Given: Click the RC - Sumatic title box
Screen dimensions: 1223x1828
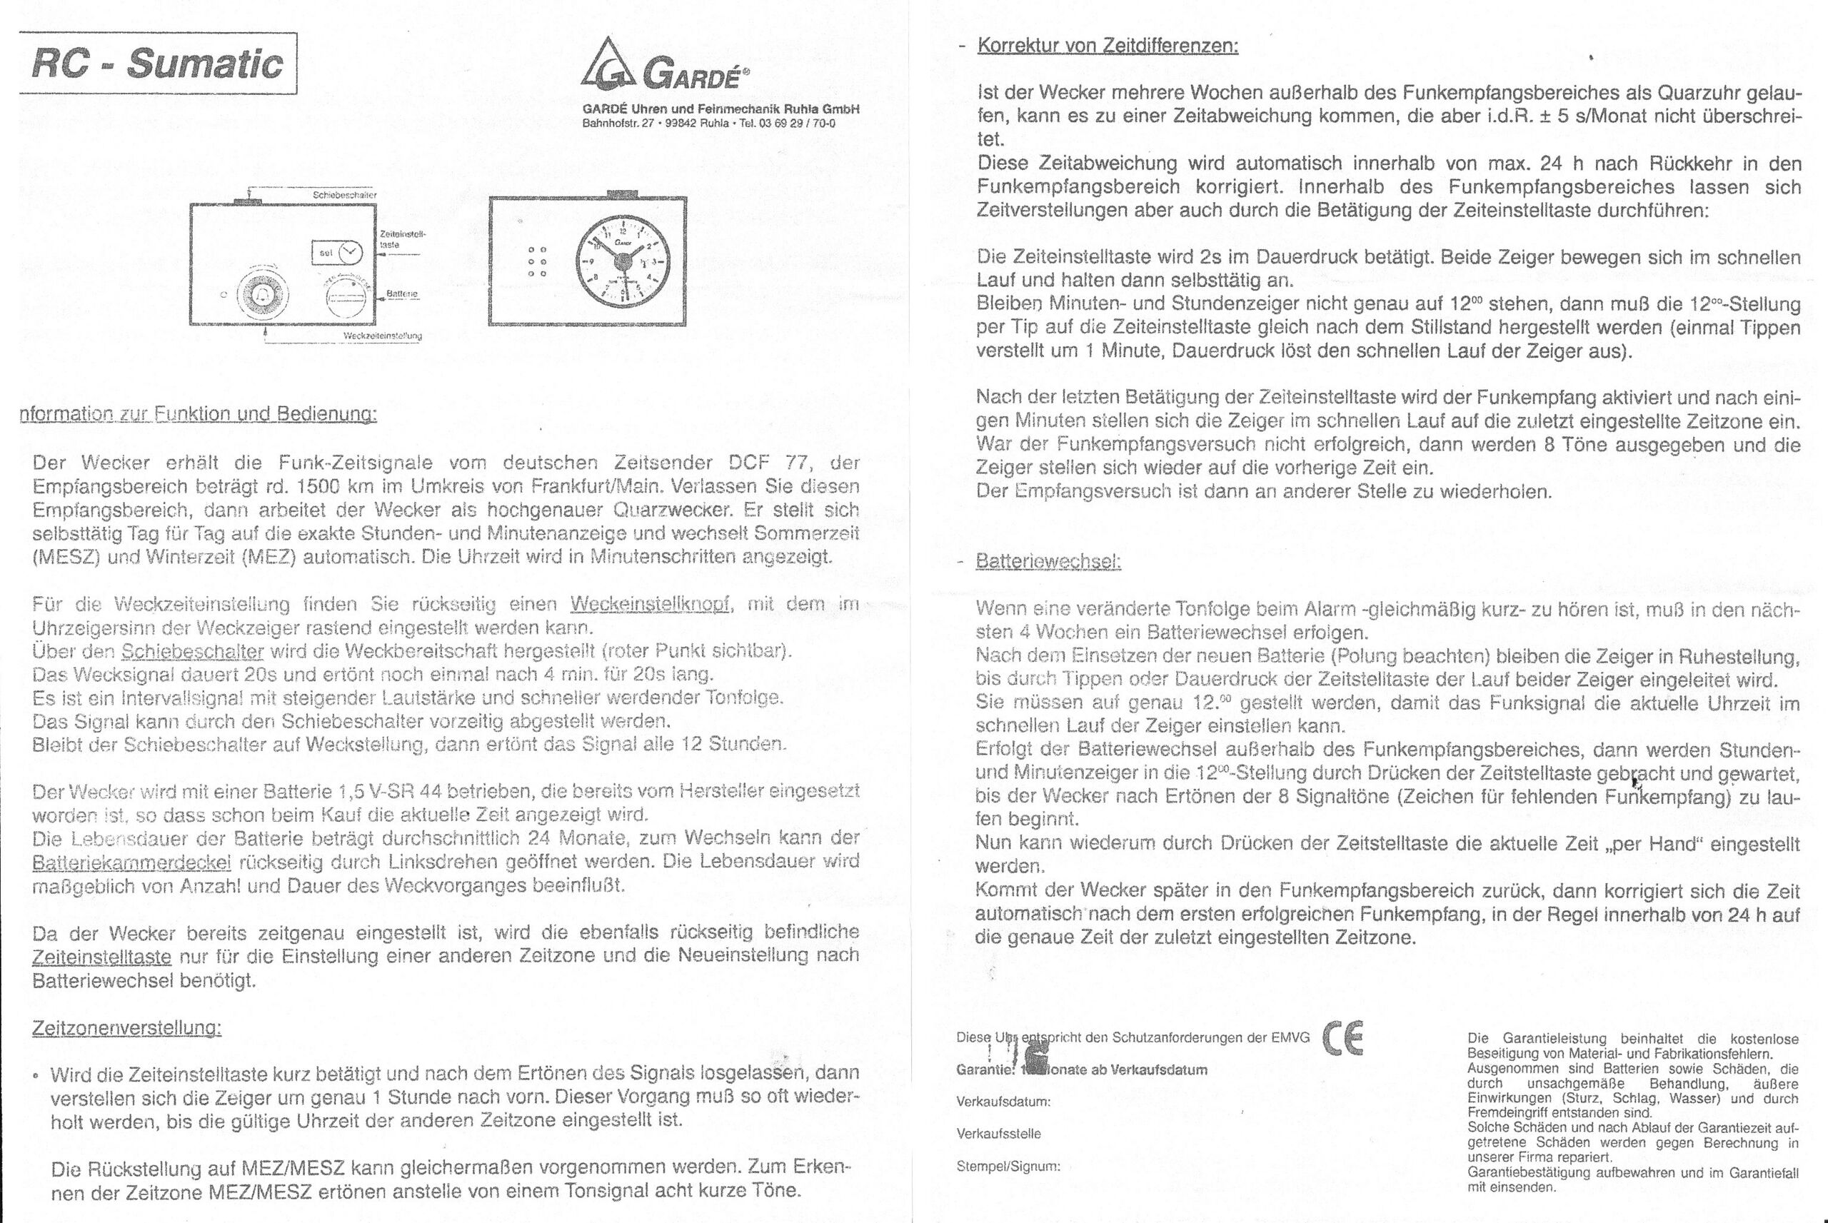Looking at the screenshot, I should (x=158, y=63).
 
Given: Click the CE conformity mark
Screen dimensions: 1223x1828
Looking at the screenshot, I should (x=1343, y=1039).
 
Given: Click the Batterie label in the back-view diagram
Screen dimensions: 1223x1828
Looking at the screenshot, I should (x=403, y=295).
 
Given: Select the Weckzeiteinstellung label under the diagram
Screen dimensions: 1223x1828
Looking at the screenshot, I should (x=382, y=336).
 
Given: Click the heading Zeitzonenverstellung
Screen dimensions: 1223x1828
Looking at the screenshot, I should (x=127, y=1029).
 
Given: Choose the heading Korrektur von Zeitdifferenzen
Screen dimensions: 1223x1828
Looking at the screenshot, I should (x=1108, y=45).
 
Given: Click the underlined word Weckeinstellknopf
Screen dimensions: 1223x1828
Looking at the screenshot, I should (x=651, y=605).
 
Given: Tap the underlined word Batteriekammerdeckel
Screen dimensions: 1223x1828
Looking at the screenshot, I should (x=132, y=862).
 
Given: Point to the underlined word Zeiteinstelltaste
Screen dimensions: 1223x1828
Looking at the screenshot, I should (x=102, y=956).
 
